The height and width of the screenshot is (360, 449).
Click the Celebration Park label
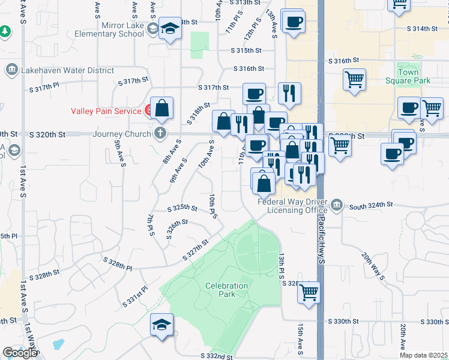(x=225, y=290)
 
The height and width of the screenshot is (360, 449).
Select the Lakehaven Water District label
(x=67, y=70)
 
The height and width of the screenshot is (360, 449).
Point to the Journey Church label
(x=121, y=133)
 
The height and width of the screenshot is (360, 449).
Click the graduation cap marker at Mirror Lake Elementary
(x=170, y=29)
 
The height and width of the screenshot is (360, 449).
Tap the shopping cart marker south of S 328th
(x=309, y=292)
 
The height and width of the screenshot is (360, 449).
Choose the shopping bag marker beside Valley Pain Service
(x=162, y=109)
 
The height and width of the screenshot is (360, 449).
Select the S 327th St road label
(x=195, y=250)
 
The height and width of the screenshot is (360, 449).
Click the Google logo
(x=20, y=353)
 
